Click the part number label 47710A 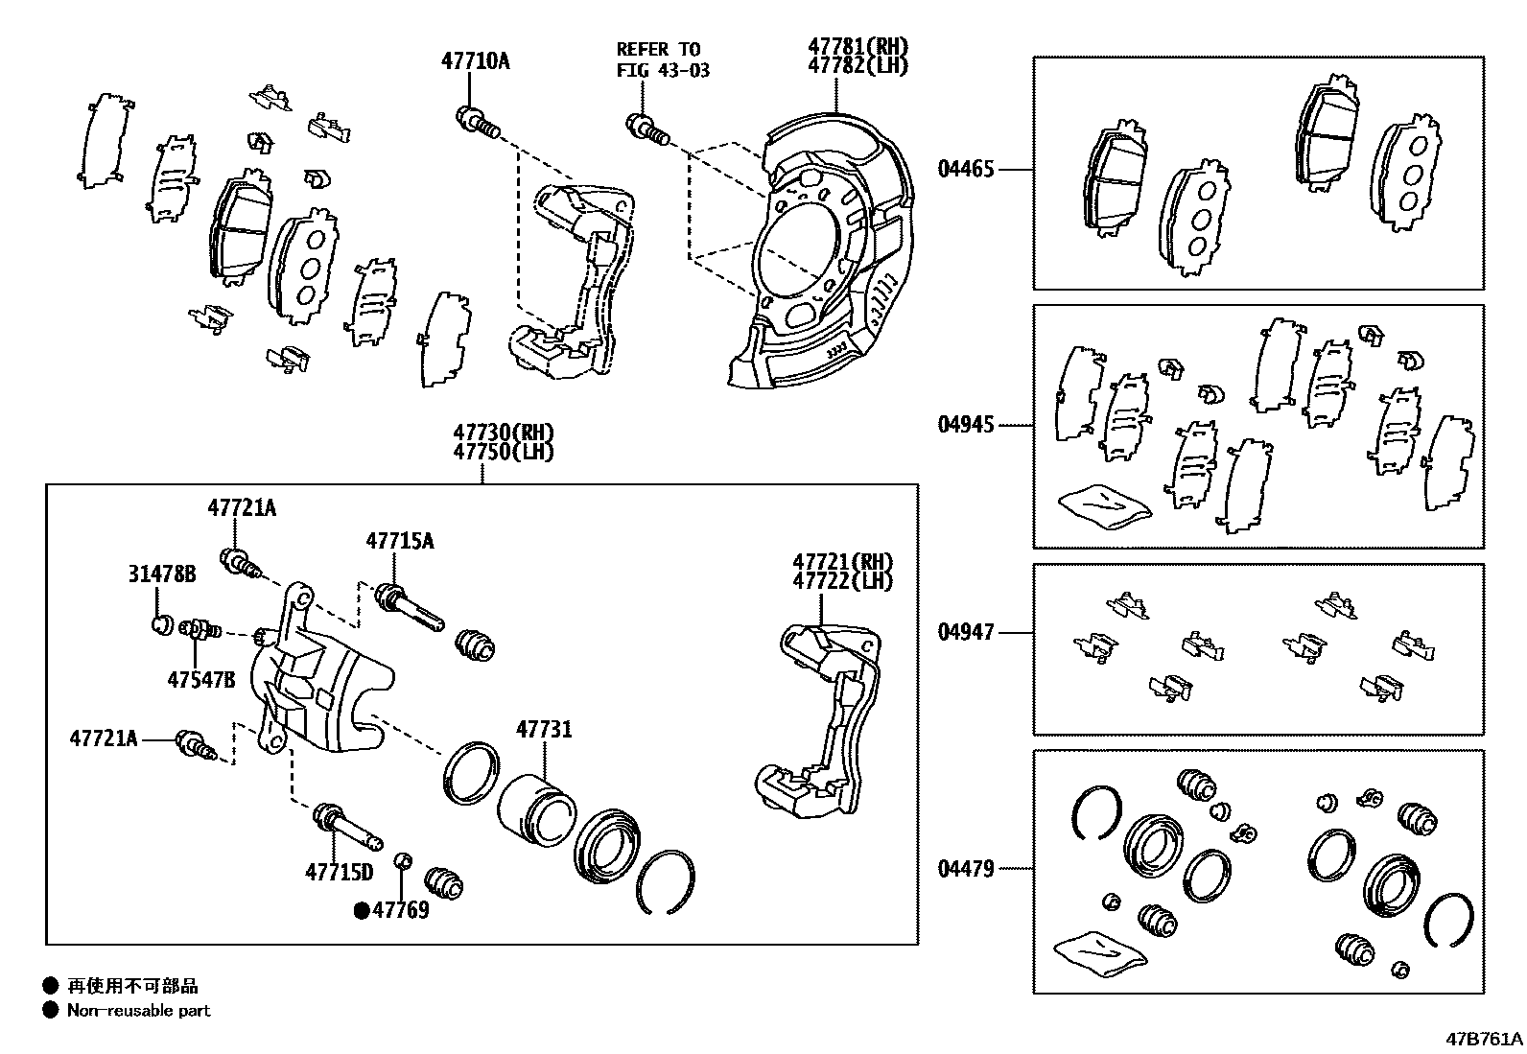(x=475, y=61)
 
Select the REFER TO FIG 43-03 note (x=663, y=59)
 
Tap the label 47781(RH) (x=857, y=46)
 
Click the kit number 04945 (x=966, y=424)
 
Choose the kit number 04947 (x=966, y=632)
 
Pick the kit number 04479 (x=966, y=869)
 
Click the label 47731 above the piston (x=544, y=730)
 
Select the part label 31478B (x=162, y=574)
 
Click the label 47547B (x=200, y=680)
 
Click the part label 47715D (x=339, y=872)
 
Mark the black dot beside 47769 (x=362, y=910)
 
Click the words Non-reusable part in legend (x=138, y=1010)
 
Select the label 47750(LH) (x=503, y=452)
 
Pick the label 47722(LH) (x=841, y=581)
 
